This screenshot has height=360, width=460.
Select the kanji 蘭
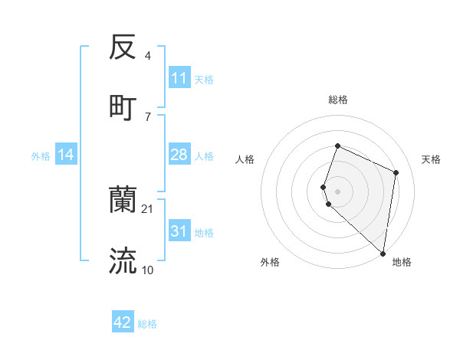pyautogui.click(x=123, y=200)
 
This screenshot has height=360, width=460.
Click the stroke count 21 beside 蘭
pyautogui.click(x=148, y=208)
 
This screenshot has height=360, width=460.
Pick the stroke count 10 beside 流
pyautogui.click(x=148, y=270)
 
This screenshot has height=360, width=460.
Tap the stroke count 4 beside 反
pyautogui.click(x=148, y=56)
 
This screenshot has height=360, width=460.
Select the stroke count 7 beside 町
pyautogui.click(x=148, y=116)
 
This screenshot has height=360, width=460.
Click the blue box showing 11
pyautogui.click(x=179, y=78)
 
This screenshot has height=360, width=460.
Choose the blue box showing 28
pyautogui.click(x=179, y=155)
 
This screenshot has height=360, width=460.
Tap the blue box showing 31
pyautogui.click(x=179, y=231)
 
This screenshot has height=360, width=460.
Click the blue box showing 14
pyautogui.click(x=66, y=155)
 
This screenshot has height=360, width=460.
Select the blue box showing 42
pyautogui.click(x=123, y=322)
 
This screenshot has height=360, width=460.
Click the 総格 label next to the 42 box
pyautogui.click(x=147, y=324)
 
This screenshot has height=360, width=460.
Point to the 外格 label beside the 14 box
pyautogui.click(x=41, y=156)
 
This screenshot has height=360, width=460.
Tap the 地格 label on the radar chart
pyautogui.click(x=402, y=262)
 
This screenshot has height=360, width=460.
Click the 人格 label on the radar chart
pyautogui.click(x=245, y=159)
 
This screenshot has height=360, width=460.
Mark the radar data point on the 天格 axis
pyautogui.click(x=396, y=172)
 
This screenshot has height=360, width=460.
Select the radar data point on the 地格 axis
pyautogui.click(x=383, y=254)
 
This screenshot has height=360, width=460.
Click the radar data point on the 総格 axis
pyautogui.click(x=337, y=146)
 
